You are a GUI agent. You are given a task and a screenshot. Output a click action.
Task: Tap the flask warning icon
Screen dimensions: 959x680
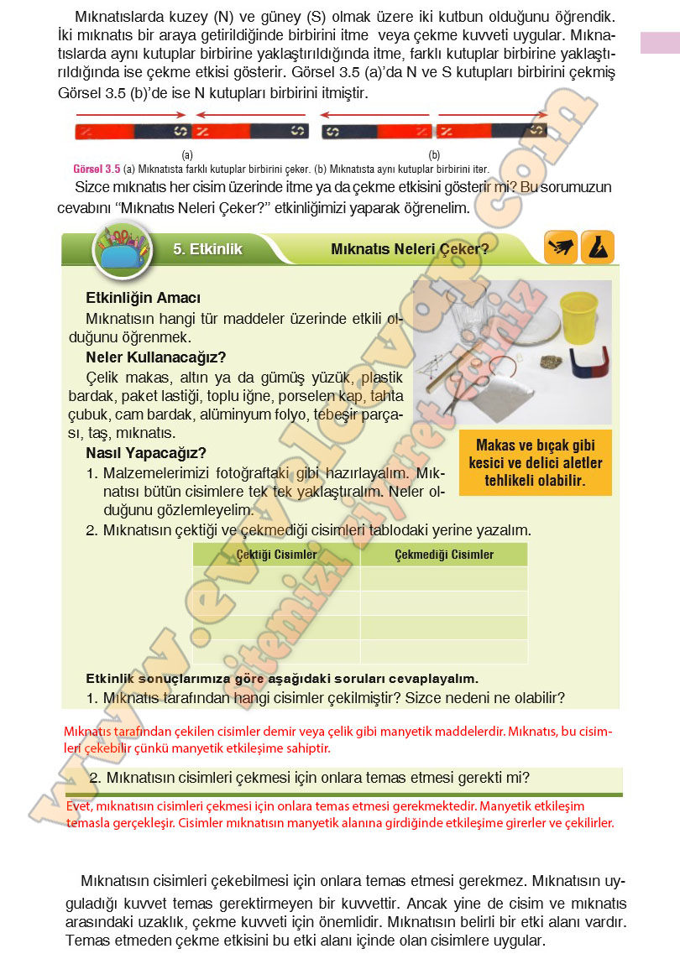pyautogui.click(x=597, y=248)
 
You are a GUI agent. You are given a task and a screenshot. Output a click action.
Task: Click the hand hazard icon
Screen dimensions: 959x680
pyautogui.click(x=560, y=248)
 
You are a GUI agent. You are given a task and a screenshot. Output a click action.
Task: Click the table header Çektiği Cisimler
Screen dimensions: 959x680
pyautogui.click(x=276, y=555)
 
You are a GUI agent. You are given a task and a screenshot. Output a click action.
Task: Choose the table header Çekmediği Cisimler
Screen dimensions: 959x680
pyautogui.click(x=444, y=555)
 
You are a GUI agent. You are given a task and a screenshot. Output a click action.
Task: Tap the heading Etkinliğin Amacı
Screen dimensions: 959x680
pyautogui.click(x=143, y=298)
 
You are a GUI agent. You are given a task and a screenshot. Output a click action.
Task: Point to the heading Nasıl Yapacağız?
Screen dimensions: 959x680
pyautogui.click(x=146, y=453)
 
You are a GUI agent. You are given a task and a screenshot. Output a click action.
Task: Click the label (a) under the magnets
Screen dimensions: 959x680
pyautogui.click(x=187, y=155)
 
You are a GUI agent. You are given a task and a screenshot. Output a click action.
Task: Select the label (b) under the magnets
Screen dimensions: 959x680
pyautogui.click(x=434, y=155)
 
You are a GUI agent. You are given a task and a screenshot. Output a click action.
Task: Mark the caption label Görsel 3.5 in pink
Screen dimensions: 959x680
pyautogui.click(x=97, y=168)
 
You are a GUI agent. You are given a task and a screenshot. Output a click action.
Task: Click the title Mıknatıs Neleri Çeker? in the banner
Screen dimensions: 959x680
pyautogui.click(x=410, y=249)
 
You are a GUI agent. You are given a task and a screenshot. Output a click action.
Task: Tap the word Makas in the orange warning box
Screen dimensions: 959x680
pyautogui.click(x=495, y=446)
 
